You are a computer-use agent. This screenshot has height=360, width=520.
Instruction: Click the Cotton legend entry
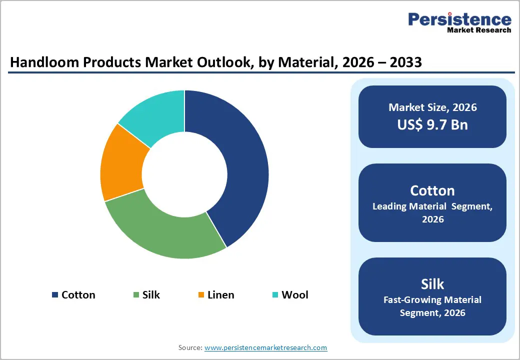(x=78, y=295)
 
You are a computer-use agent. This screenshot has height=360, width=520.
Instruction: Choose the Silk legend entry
(x=150, y=295)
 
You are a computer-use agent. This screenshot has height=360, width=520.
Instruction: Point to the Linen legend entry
(x=220, y=295)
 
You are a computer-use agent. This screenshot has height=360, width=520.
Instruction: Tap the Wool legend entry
(x=294, y=295)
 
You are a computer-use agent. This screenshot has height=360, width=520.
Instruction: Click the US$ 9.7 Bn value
(x=432, y=124)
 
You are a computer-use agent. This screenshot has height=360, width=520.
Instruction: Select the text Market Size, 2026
(x=432, y=107)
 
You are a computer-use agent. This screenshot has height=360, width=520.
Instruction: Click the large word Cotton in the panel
(x=432, y=190)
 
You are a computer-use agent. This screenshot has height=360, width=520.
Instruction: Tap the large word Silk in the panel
(x=432, y=284)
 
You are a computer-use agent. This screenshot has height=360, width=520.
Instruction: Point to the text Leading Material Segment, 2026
(x=432, y=213)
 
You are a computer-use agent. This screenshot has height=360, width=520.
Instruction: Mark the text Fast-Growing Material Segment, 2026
(x=432, y=306)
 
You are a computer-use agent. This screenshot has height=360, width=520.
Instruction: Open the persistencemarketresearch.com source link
(x=265, y=347)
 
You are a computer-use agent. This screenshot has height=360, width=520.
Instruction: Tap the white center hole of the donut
(x=184, y=174)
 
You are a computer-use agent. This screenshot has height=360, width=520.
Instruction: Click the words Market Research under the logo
(x=478, y=30)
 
